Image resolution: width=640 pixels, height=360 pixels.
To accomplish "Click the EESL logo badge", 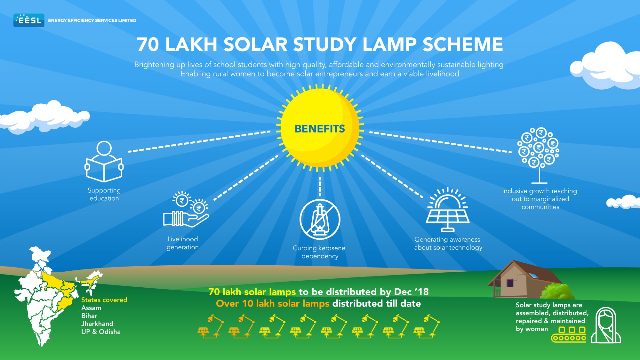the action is [29, 20].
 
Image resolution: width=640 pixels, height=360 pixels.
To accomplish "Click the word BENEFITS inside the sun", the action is [320, 129].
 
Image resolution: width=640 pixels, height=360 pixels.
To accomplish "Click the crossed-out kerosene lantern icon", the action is [320, 220].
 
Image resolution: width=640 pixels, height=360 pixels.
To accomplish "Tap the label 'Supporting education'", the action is [104, 194].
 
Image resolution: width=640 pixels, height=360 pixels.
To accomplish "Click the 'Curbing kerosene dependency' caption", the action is [319, 252].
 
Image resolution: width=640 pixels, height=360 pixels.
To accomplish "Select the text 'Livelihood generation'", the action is [183, 243].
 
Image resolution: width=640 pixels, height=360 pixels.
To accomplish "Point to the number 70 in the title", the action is [148, 44].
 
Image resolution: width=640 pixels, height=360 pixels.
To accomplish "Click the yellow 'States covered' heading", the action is [104, 300].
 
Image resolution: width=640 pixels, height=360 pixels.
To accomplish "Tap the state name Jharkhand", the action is [97, 324].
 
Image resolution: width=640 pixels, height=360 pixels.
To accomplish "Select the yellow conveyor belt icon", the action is [569, 334].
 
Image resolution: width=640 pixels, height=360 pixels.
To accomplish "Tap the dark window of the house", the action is [510, 283].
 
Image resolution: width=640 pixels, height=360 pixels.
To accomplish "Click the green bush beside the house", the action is [557, 292].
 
